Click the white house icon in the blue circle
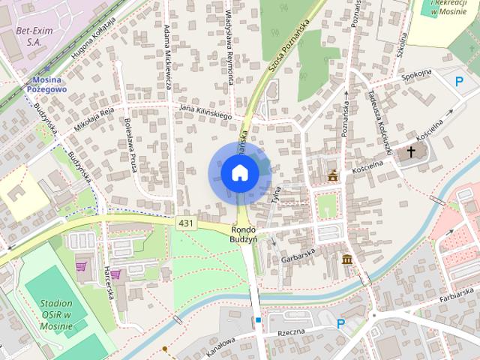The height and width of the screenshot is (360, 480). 240,173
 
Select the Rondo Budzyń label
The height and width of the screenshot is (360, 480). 244,233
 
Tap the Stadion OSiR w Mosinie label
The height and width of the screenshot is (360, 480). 52,308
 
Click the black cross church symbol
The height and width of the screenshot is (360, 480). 410,153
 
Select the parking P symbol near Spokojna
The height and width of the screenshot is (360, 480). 459,81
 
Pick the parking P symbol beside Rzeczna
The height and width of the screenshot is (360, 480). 340,324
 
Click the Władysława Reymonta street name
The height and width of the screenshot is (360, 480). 229,41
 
